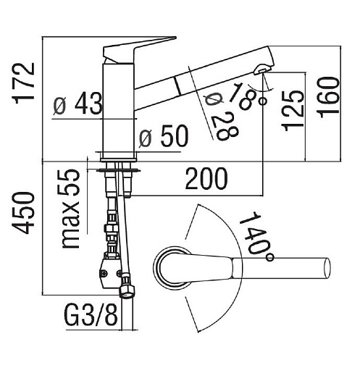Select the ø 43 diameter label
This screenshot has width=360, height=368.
[78, 104]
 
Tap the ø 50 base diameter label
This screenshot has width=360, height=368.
[163, 136]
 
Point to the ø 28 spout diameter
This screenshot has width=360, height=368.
[220, 117]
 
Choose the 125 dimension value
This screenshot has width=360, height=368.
[293, 111]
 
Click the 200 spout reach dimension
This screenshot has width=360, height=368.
[206, 178]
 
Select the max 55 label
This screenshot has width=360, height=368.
[70, 209]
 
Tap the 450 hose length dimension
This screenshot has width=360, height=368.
[25, 213]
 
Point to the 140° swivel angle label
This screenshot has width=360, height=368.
[256, 237]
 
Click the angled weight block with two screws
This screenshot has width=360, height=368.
[110, 270]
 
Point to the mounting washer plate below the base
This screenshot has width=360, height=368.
[118, 171]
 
